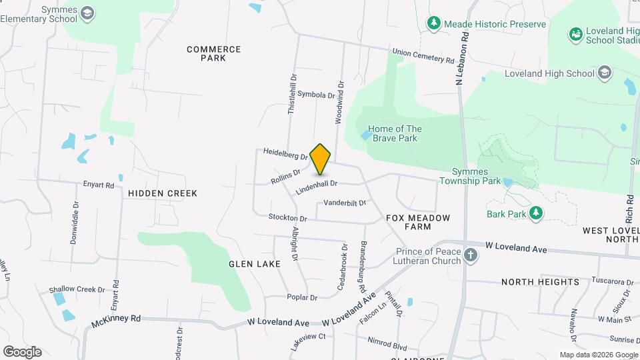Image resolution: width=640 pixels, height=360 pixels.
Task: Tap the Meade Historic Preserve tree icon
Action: tap(434, 24)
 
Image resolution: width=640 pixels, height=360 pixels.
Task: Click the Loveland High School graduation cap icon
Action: tap(604, 73)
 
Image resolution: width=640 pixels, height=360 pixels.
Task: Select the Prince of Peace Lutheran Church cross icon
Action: tap(471, 255)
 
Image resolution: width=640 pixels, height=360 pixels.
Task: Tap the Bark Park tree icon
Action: tap(535, 213)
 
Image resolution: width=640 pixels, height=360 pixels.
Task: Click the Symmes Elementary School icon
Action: tap(88, 13)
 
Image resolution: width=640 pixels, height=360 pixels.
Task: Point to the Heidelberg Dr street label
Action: tap(285, 154)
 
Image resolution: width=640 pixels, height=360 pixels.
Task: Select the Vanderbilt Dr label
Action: tap(345, 203)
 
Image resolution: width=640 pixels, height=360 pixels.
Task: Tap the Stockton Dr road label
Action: tap(287, 217)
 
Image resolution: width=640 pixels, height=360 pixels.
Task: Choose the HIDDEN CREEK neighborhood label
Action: tap(163, 193)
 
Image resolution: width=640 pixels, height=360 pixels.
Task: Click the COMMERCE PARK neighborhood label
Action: tap(213, 53)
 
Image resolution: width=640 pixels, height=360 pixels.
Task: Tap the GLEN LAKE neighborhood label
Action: tap(255, 264)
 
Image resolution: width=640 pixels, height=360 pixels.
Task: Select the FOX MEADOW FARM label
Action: tap(418, 222)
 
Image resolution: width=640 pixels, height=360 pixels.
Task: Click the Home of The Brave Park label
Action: tap(395, 133)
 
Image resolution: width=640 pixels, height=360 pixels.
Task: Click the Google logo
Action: tap(22, 351)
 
